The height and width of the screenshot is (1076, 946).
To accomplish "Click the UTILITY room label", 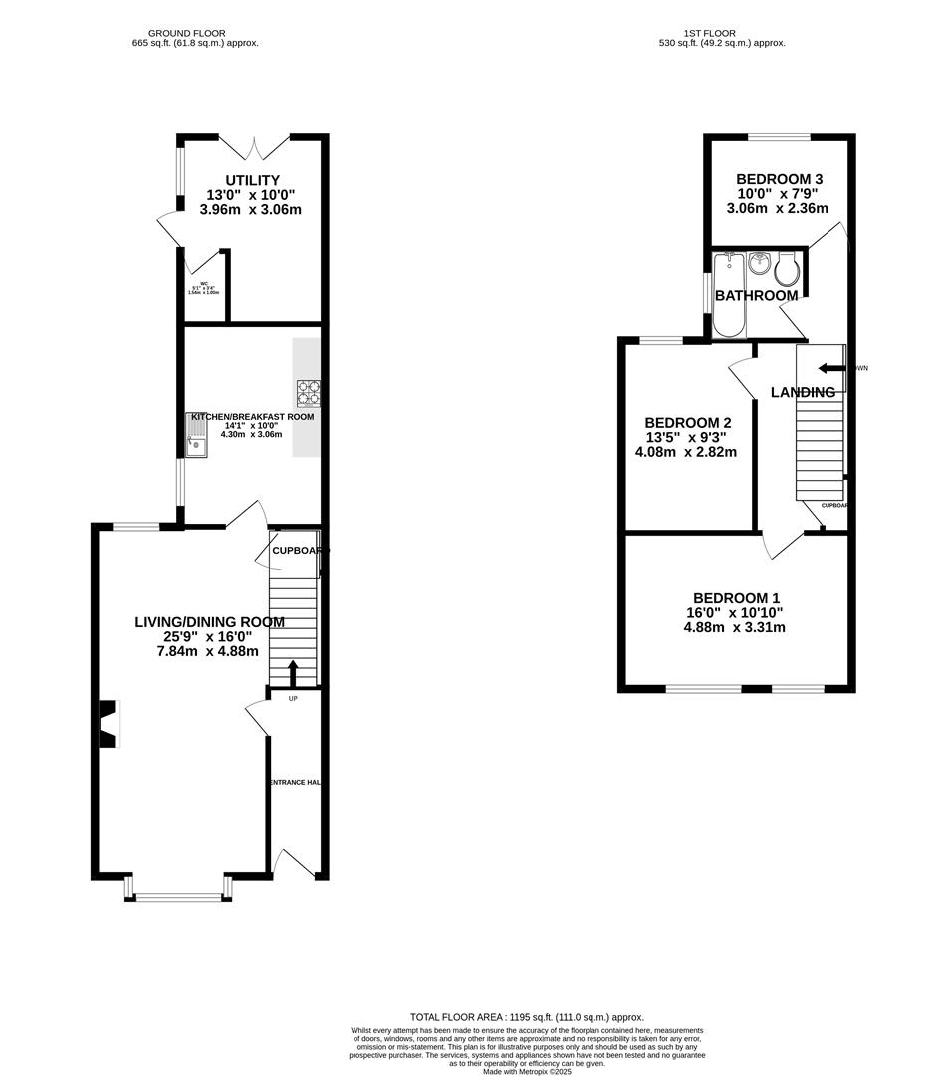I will pyautogui.click(x=252, y=180).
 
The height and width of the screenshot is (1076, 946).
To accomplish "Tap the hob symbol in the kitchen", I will pyautogui.click(x=308, y=393).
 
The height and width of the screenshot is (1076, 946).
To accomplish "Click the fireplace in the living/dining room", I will pyautogui.click(x=109, y=724).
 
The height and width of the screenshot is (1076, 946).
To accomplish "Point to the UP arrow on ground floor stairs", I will pyautogui.click(x=292, y=673).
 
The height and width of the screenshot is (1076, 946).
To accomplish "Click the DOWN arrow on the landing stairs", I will pyautogui.click(x=828, y=368).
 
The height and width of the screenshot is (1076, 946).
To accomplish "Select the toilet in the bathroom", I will pyautogui.click(x=787, y=268).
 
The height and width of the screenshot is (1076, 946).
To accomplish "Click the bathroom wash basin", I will pyautogui.click(x=759, y=264).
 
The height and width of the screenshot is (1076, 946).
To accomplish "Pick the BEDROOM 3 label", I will pyautogui.click(x=780, y=179).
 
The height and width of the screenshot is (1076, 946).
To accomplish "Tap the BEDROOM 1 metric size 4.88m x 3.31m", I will pyautogui.click(x=734, y=628).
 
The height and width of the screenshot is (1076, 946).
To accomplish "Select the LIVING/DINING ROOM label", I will pyautogui.click(x=209, y=622).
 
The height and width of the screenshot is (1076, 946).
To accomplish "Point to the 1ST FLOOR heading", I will pyautogui.click(x=722, y=33).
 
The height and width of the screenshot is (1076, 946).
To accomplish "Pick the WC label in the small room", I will pyautogui.click(x=203, y=284).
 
